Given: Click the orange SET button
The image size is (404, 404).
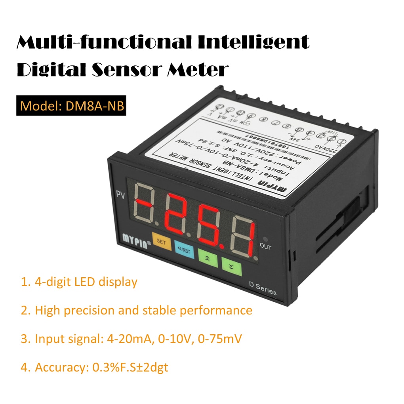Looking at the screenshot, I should [x=161, y=242].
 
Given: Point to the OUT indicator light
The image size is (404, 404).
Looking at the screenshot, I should [x=265, y=239].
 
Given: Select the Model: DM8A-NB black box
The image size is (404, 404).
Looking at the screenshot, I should [x=71, y=106].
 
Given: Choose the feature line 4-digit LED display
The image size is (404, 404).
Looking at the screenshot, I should [x=79, y=282].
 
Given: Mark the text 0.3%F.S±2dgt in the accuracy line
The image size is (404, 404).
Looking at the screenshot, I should [x=130, y=367].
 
